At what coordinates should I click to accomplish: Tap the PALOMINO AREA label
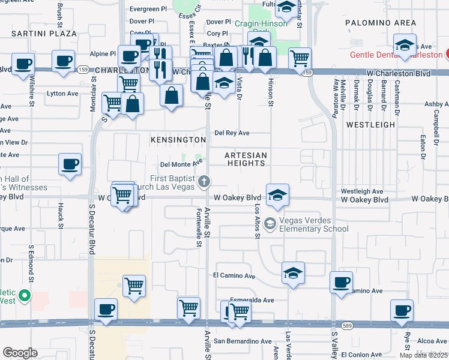pos(381,23)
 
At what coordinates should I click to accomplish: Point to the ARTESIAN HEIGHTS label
pos(245,159)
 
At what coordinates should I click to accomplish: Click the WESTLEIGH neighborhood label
pos(371,125)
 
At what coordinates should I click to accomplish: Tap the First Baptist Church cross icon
pos(204,181)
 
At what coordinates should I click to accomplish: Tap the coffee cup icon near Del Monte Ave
pos(70,164)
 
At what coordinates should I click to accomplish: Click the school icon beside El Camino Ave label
pos(293,273)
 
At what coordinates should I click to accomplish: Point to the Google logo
pos(19,353)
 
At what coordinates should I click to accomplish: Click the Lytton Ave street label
pos(63,94)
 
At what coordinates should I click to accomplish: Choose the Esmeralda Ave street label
pos(252,300)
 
